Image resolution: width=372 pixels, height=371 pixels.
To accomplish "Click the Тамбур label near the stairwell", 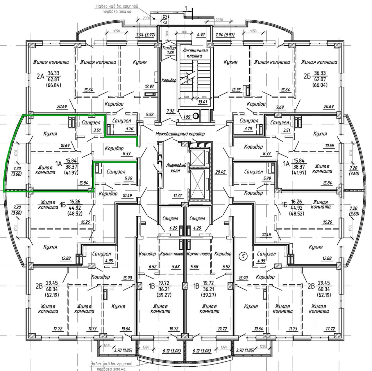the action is [x=169, y=48].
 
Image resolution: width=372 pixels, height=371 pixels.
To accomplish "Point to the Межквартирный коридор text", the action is [x=180, y=134].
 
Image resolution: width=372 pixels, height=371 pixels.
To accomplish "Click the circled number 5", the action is [x=243, y=256].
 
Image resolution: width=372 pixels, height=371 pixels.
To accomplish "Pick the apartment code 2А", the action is [x=40, y=77].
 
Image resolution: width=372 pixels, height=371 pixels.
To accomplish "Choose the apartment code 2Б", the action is [x=307, y=77].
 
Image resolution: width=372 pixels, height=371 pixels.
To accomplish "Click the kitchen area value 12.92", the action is [x=149, y=86].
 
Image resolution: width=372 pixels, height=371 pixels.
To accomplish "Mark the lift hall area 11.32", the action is [x=178, y=196].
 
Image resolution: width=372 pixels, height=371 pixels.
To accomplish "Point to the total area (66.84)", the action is [x=53, y=85].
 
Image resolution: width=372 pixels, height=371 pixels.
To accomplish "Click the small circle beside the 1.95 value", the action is [x=196, y=116].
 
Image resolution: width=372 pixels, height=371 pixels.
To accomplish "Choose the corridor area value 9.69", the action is [x=280, y=107].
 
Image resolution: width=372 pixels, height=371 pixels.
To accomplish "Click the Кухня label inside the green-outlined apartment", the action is [x=50, y=134].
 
